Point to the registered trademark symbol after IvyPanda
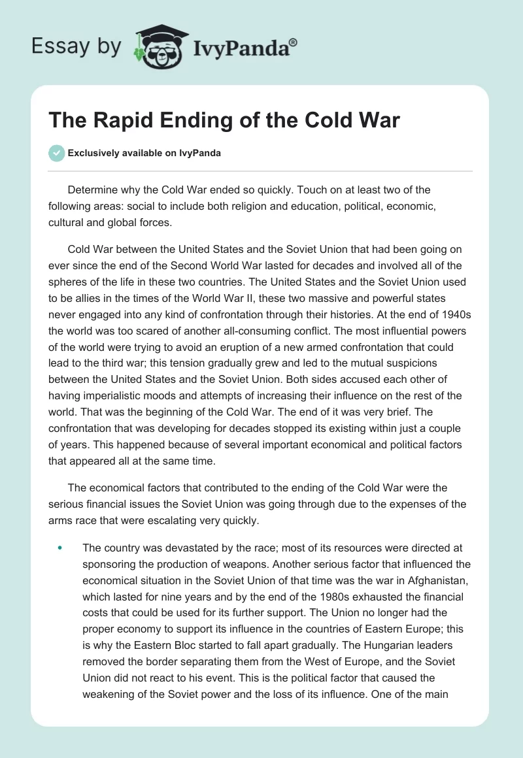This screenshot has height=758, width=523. point(294,42)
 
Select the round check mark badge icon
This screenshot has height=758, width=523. point(56,154)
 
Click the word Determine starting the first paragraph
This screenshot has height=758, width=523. point(92,190)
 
